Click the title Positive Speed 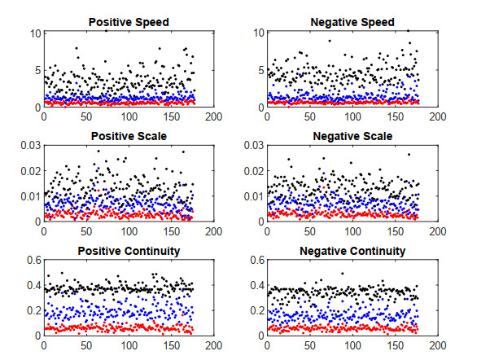coord(129,22)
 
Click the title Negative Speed coord(352,22)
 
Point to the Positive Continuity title coord(129,251)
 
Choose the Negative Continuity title coord(352,251)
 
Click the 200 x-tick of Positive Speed coord(213,116)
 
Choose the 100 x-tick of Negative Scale coord(352,231)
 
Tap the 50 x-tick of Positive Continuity coord(86,345)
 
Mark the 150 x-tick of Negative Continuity coord(395,345)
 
